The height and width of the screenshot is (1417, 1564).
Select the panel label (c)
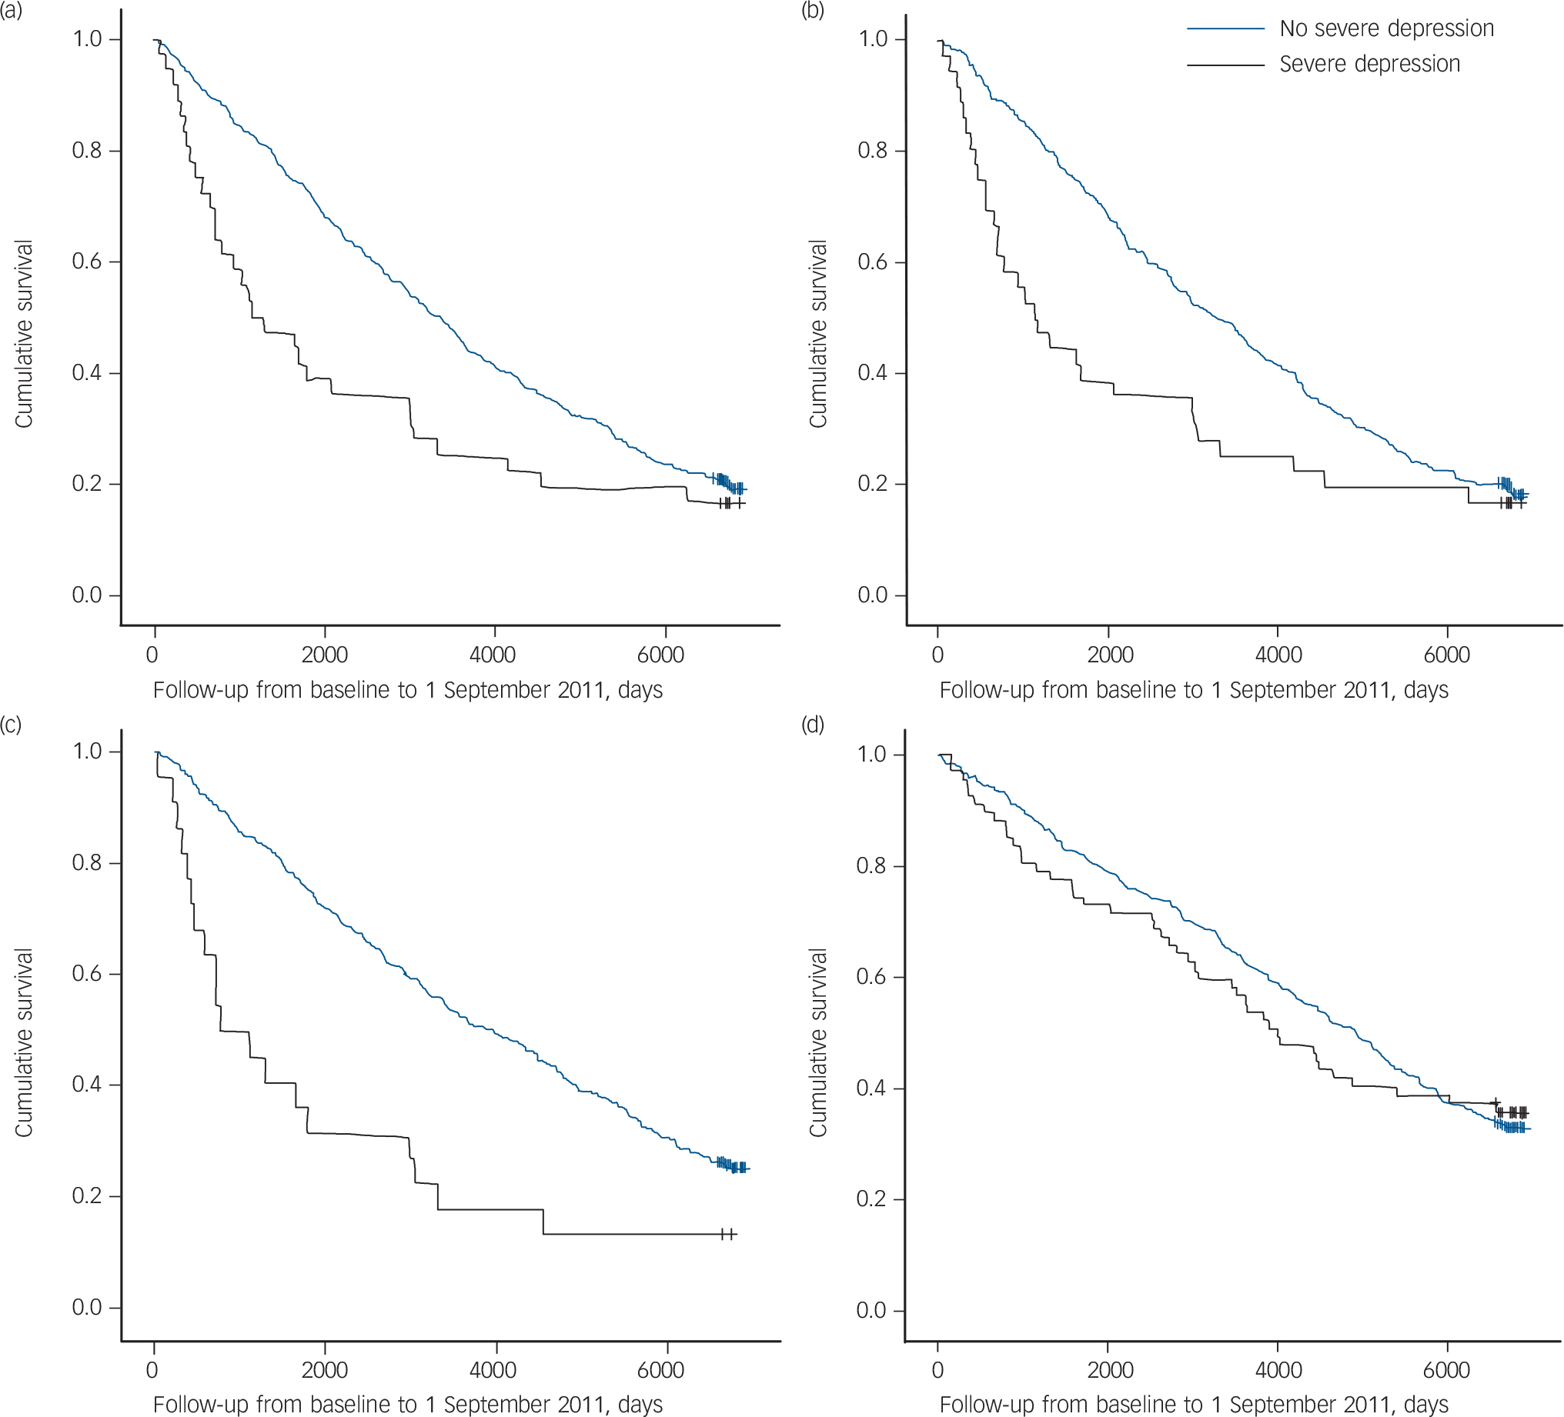[x=12, y=725]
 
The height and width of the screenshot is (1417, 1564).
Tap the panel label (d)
[x=813, y=725]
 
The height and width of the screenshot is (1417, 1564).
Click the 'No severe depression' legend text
[x=1386, y=28]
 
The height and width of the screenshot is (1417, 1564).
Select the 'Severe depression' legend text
[x=1369, y=64]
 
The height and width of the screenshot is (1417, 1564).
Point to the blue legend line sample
[x=1226, y=29]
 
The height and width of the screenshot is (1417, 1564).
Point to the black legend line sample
[x=1226, y=65]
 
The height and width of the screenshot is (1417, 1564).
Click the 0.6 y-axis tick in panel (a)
[x=87, y=262]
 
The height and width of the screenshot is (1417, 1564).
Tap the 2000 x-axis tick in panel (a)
[x=324, y=655]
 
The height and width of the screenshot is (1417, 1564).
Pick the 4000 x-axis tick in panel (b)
[x=1278, y=655]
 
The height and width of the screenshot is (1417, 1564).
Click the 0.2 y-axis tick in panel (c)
[x=87, y=1196]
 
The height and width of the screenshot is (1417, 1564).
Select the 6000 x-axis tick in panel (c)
[x=661, y=1369]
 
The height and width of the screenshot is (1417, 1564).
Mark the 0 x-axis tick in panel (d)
[x=938, y=1369]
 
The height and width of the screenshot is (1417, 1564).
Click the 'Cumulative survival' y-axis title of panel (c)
[x=24, y=1042]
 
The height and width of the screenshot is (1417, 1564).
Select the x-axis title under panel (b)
[x=1193, y=690]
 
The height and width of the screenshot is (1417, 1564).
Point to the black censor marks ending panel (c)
[x=727, y=1234]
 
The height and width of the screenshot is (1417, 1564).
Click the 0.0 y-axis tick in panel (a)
[x=87, y=595]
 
